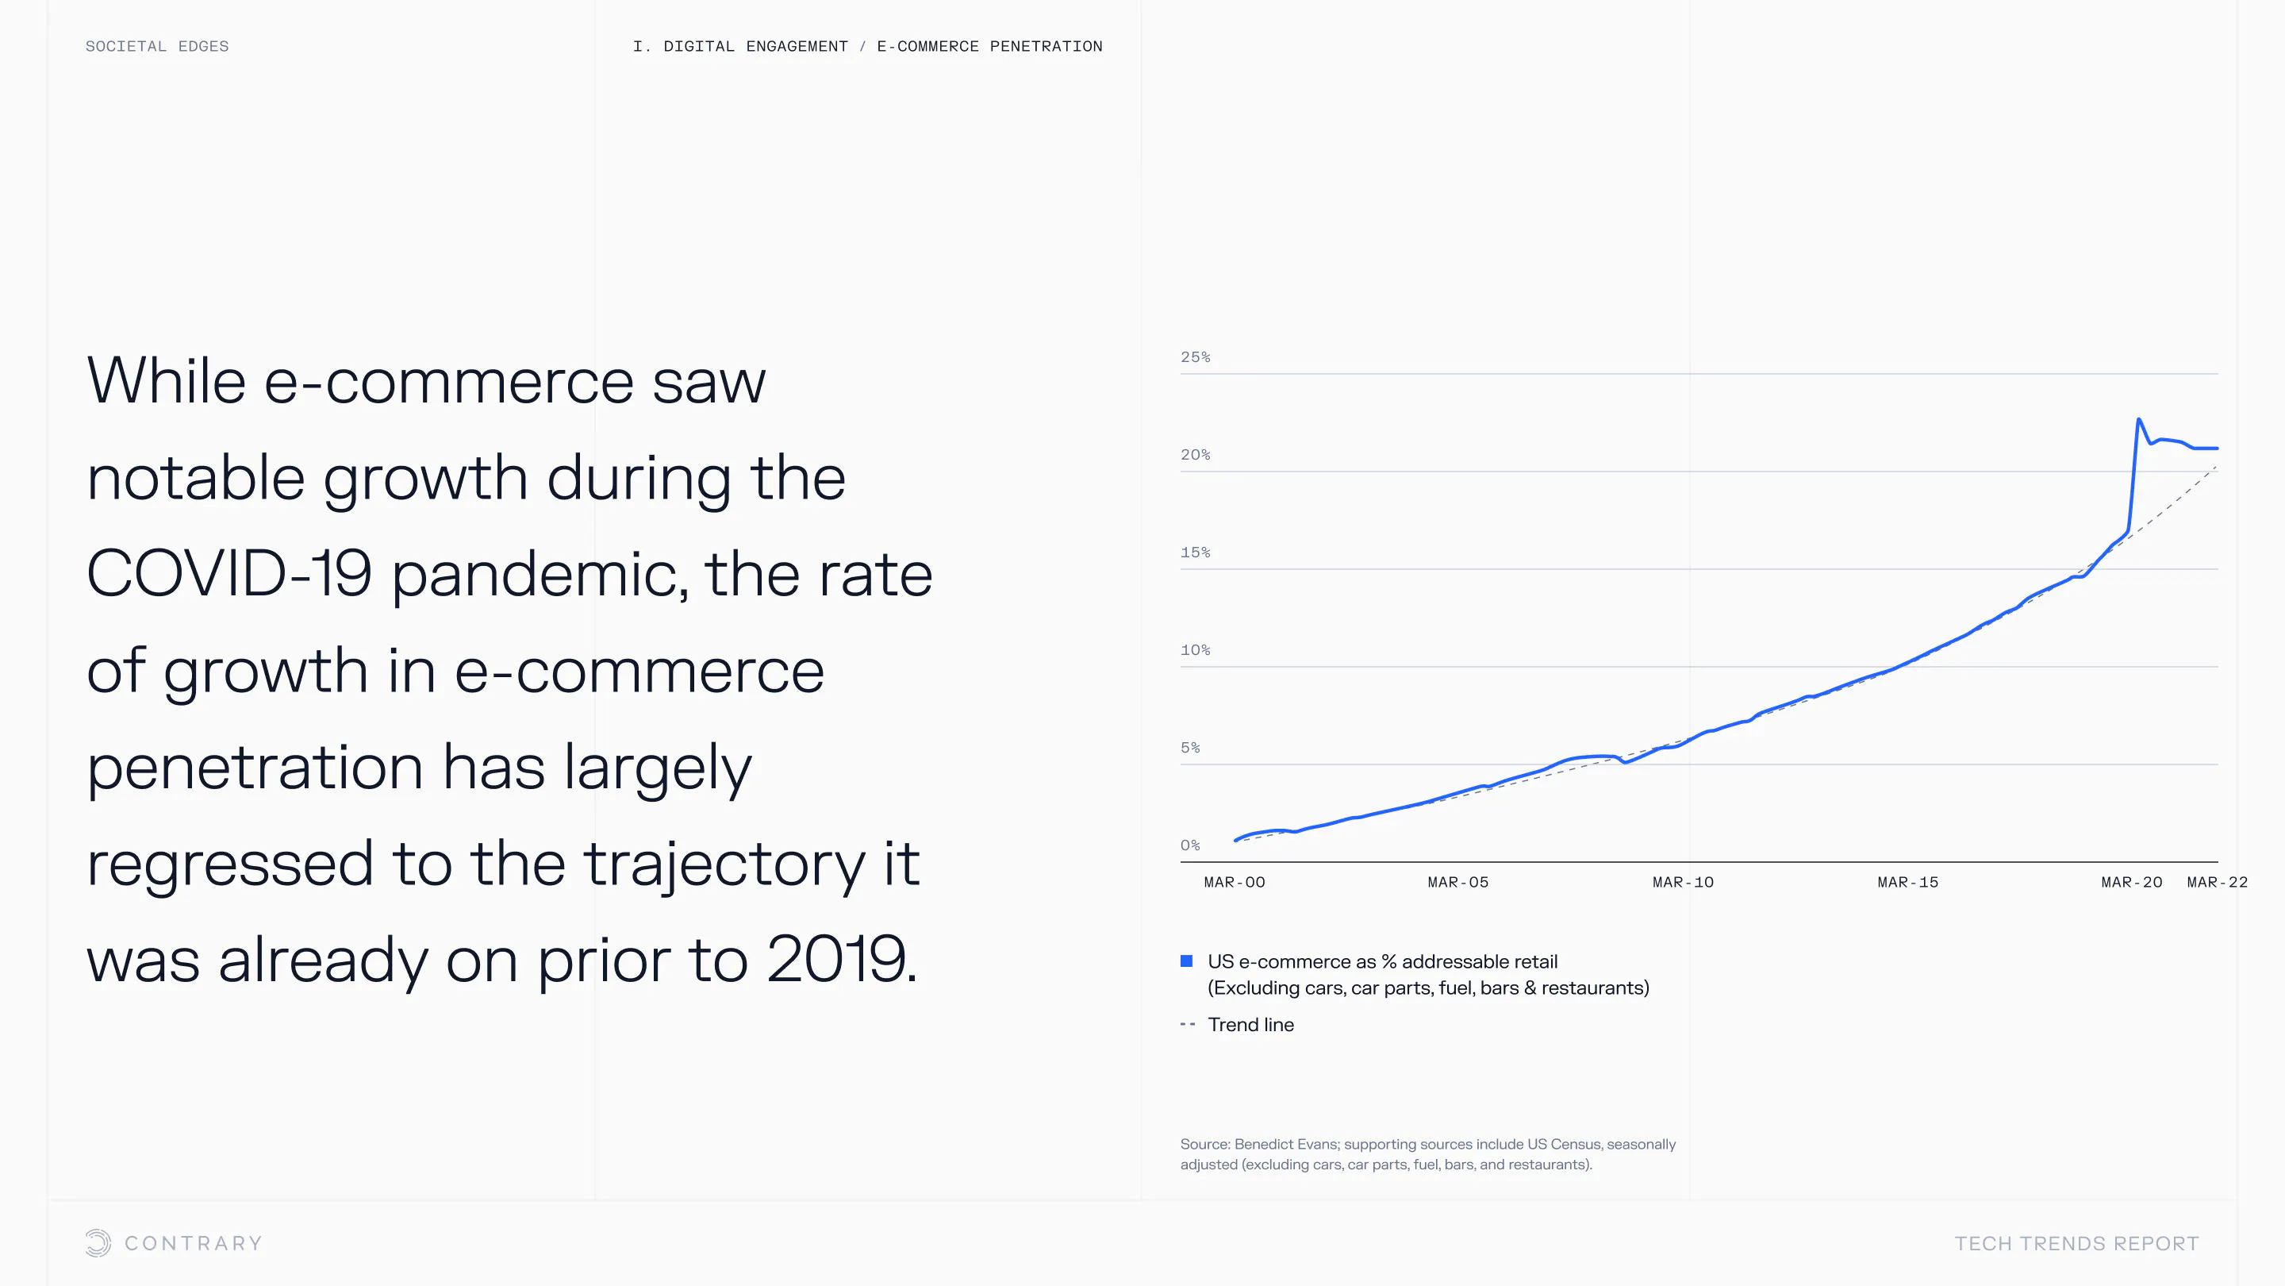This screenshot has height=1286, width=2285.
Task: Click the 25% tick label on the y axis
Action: click(x=1195, y=356)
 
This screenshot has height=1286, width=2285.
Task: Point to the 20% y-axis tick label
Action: click(x=1195, y=454)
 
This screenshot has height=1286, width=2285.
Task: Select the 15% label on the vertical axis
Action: click(x=1195, y=552)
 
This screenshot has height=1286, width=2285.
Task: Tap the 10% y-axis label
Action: click(x=1195, y=649)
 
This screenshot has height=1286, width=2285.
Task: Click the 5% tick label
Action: click(x=1190, y=747)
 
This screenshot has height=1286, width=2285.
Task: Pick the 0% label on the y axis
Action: click(x=1190, y=845)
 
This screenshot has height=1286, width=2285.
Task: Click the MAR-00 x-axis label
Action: click(x=1234, y=882)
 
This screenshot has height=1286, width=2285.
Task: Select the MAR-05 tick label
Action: click(x=1457, y=882)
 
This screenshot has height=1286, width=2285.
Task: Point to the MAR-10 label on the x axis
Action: click(x=1683, y=882)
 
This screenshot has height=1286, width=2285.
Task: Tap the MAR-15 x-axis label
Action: click(x=1907, y=882)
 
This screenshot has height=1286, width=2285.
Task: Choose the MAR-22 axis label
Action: click(x=2217, y=882)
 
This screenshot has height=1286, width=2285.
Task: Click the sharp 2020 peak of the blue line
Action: click(x=2139, y=420)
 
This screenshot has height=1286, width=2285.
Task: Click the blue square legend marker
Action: click(x=1187, y=961)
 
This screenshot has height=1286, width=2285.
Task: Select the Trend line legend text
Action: click(x=1250, y=1024)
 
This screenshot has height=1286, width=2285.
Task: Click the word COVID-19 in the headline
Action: click(x=228, y=573)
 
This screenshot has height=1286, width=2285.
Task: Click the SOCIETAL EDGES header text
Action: click(x=157, y=46)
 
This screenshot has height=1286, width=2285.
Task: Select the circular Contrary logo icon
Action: click(x=98, y=1242)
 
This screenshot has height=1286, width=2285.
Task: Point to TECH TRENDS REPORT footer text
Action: click(x=2076, y=1243)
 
